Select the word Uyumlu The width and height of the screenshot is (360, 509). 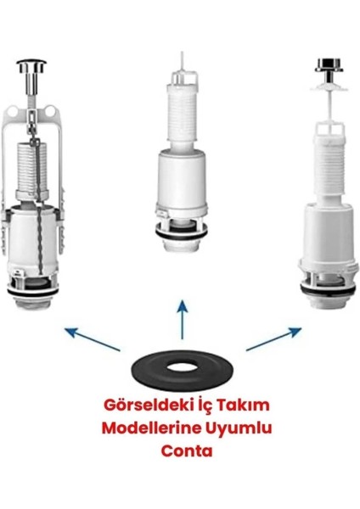pos(235,429)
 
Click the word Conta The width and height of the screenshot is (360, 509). pos(180,451)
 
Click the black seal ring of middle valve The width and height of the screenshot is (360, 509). pos(179,235)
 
